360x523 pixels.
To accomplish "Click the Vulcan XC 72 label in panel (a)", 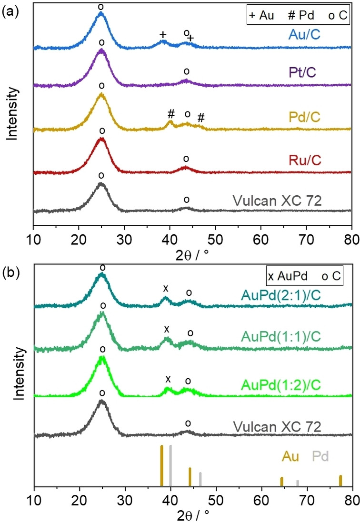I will point(277,200).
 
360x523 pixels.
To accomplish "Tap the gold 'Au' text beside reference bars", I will point(290,457).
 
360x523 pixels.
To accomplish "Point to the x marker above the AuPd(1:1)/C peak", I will point(166,329).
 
